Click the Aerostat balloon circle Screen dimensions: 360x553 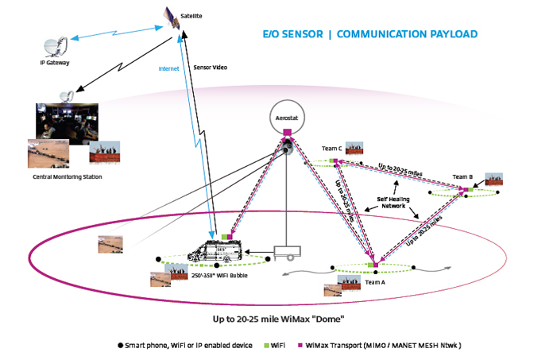284,116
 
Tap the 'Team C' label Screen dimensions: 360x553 331,149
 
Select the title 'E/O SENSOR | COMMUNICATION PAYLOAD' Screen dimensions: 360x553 370,34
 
